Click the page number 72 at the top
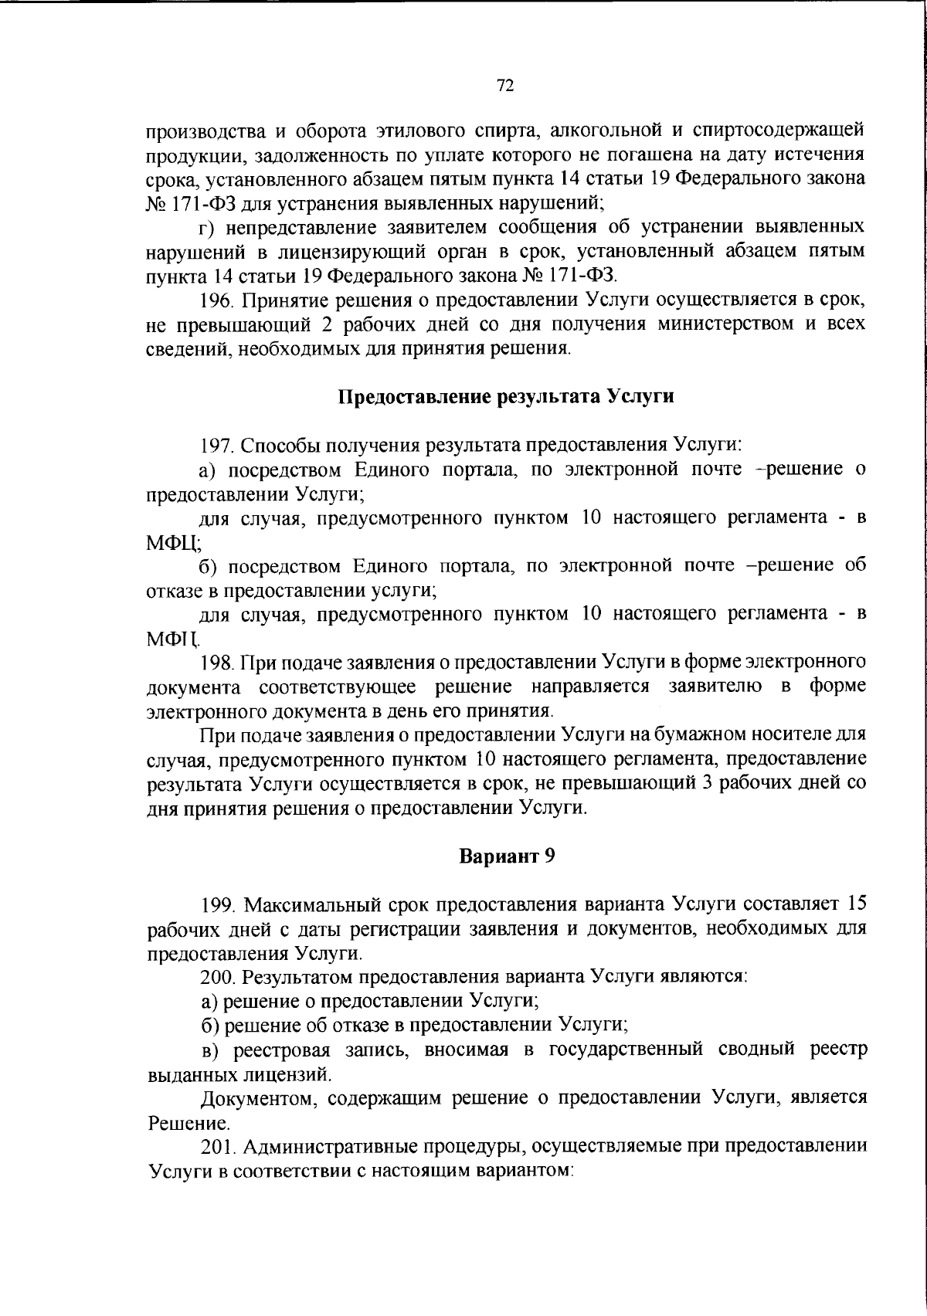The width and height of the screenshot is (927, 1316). tap(505, 86)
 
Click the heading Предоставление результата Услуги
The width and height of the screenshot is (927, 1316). tap(507, 397)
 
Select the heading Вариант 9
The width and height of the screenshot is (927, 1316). tap(507, 856)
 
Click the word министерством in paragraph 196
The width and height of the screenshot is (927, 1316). tap(725, 324)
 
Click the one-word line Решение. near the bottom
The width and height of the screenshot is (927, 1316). tap(178, 1123)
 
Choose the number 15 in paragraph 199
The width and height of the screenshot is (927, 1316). tap(855, 904)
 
